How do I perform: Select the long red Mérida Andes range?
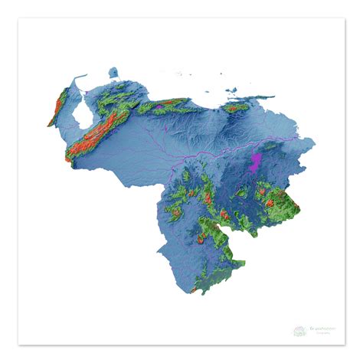coord(96,134)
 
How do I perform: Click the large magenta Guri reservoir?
coord(256,162)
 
